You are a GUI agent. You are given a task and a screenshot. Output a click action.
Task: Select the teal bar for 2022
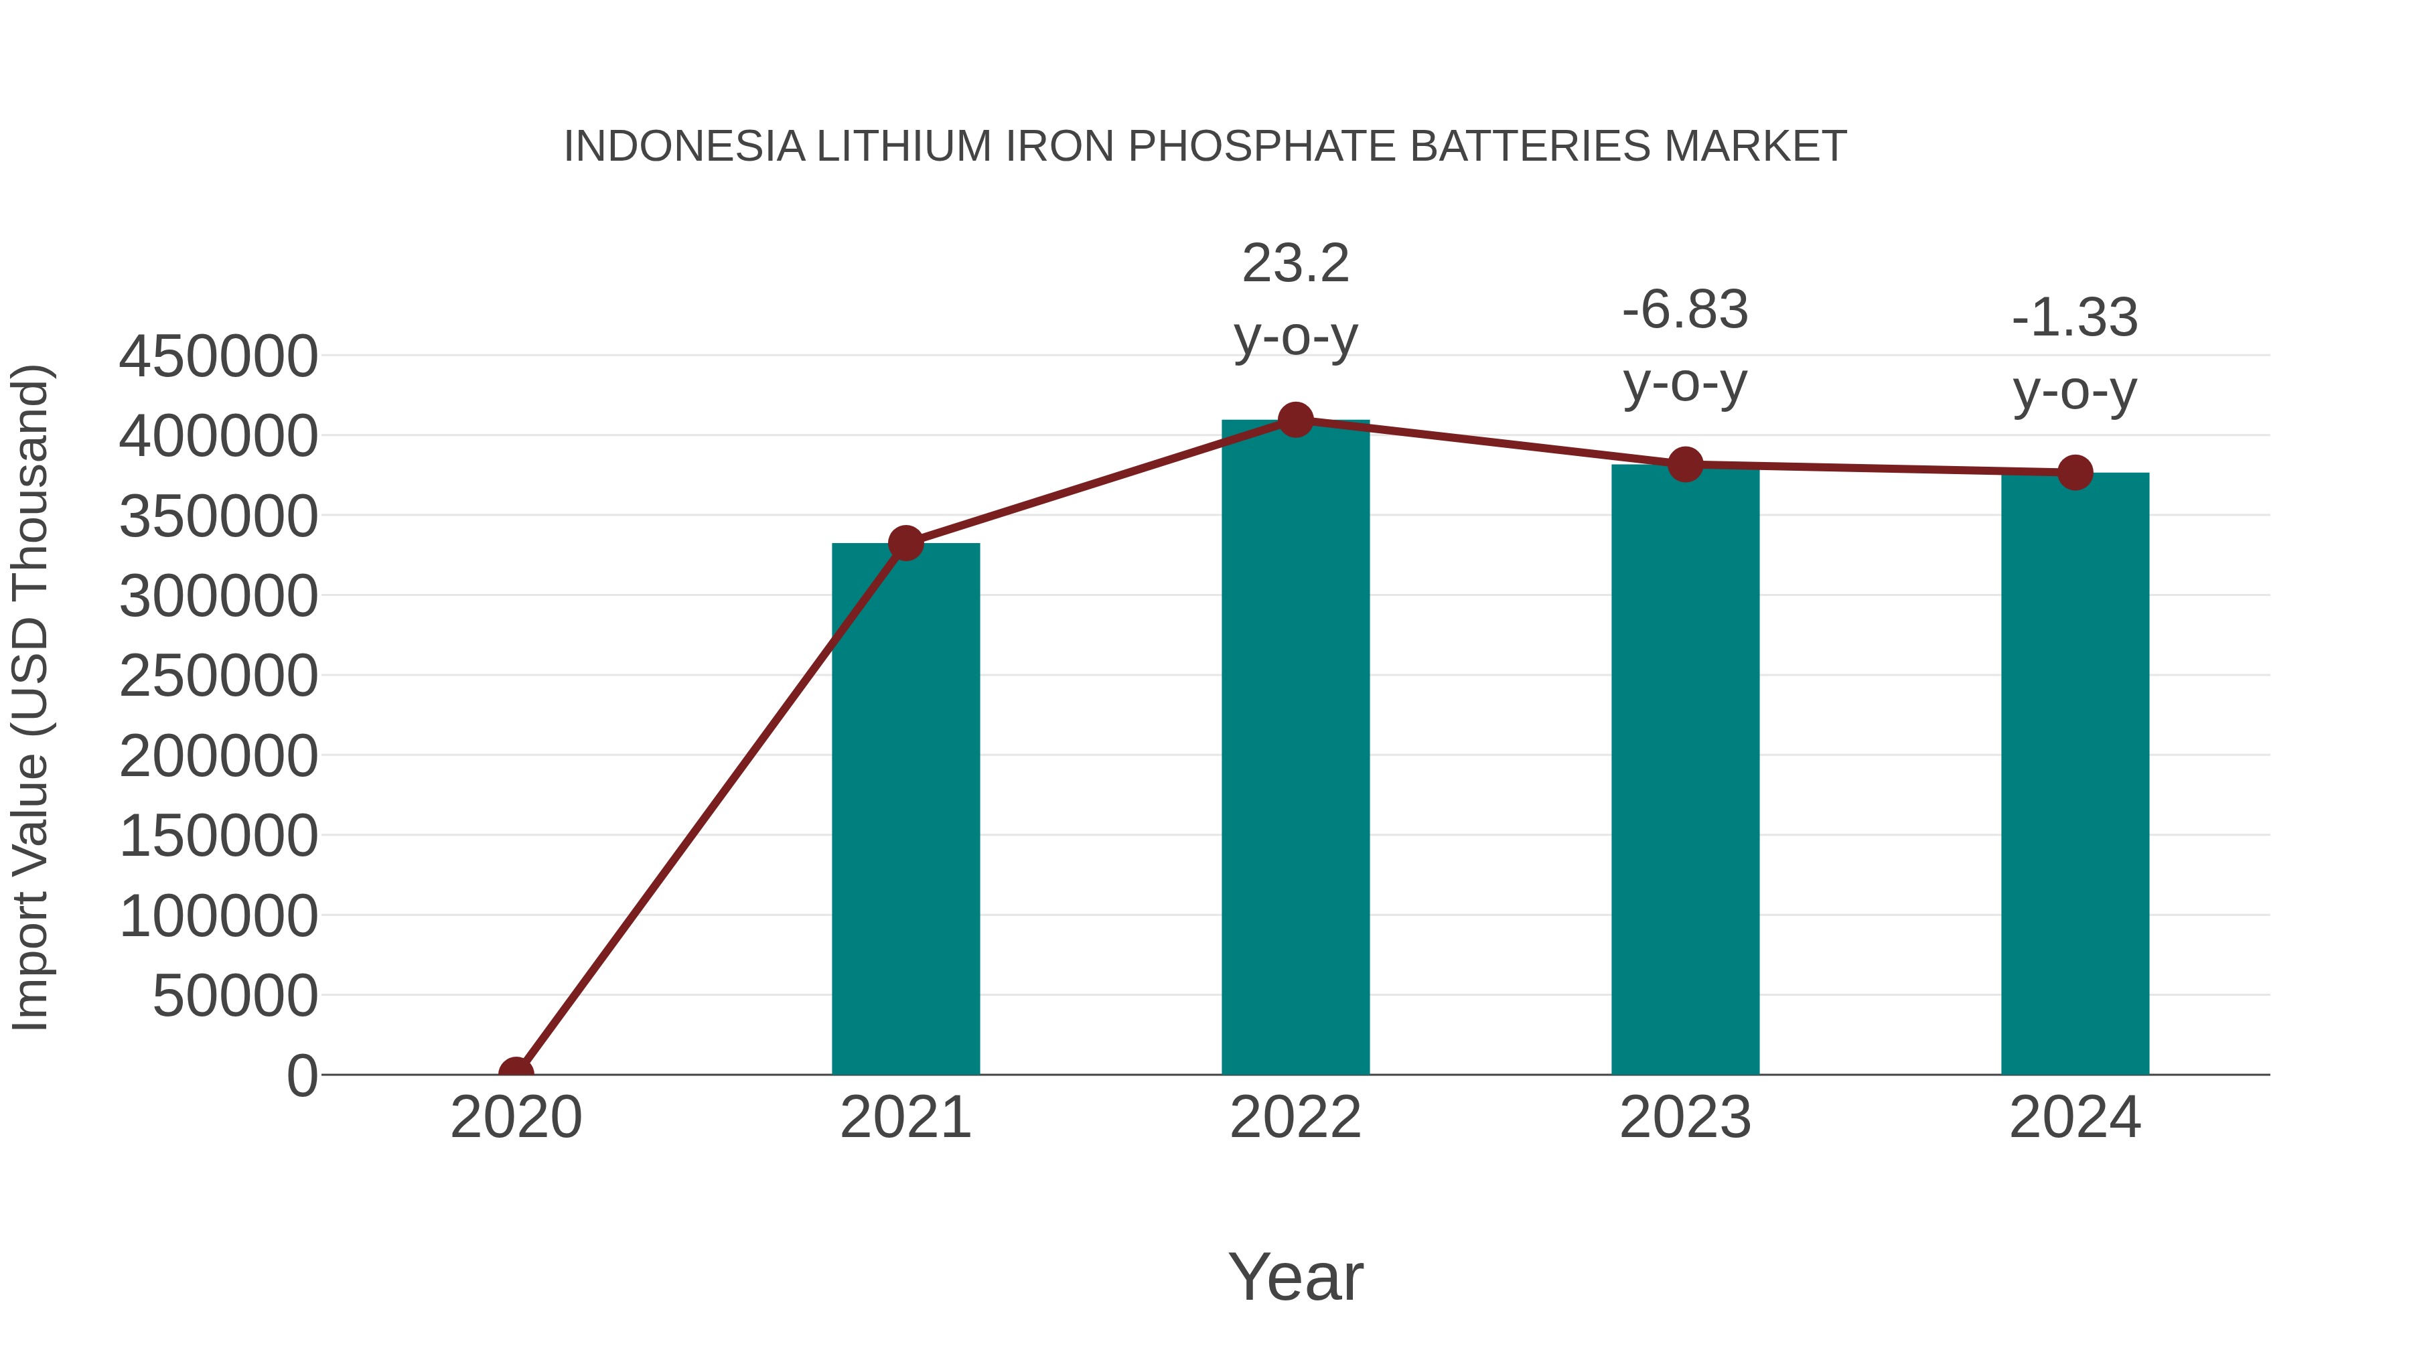1295,749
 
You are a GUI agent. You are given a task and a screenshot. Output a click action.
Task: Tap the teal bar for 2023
1685,769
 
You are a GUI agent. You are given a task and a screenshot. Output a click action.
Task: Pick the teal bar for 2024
2075,774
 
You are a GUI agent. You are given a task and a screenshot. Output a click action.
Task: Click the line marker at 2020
516,1073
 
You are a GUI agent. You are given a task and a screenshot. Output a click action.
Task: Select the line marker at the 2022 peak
1295,420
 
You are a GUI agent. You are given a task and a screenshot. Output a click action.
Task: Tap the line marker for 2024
2075,473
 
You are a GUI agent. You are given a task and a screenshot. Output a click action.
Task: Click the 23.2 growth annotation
1295,264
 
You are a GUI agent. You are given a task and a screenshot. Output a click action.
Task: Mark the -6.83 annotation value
1685,311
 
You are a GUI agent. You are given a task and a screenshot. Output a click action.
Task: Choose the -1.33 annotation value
2075,318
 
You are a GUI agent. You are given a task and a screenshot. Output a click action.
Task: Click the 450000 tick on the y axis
218,356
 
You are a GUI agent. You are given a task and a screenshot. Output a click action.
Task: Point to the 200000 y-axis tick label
218,756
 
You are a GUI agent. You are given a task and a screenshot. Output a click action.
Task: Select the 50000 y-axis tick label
235,996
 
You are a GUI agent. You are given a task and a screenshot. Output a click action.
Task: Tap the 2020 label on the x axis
516,1118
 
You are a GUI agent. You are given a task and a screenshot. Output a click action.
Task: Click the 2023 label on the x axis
1685,1118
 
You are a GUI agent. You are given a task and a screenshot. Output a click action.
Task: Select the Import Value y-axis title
30,697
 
